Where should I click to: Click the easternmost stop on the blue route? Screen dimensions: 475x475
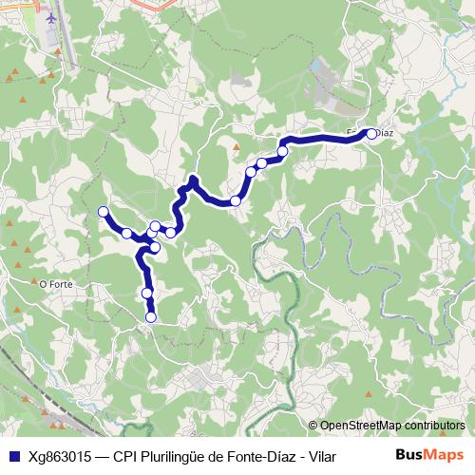pyautogui.click(x=371, y=134)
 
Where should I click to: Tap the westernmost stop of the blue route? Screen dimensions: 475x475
pyautogui.click(x=104, y=211)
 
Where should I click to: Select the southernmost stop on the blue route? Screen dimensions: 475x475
pyautogui.click(x=151, y=316)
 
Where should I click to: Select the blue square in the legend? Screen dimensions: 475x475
pyautogui.click(x=13, y=456)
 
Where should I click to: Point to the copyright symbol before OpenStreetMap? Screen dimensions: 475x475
pyautogui.click(x=313, y=426)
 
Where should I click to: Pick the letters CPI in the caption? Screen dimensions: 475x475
pyautogui.click(x=124, y=456)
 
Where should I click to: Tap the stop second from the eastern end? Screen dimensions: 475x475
pyautogui.click(x=282, y=151)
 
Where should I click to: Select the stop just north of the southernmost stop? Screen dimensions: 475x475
pyautogui.click(x=147, y=293)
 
